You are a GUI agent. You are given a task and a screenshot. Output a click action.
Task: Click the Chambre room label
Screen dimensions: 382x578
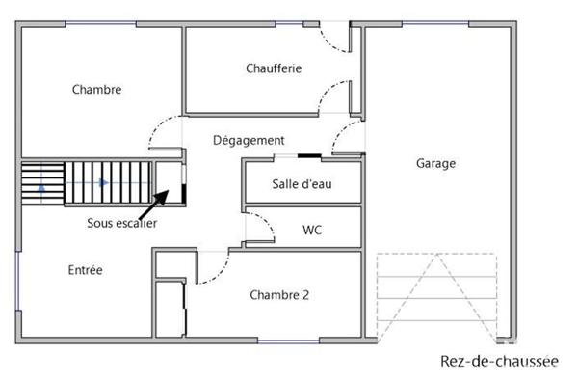click(96, 90)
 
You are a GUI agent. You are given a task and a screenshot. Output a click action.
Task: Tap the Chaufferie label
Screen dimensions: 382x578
click(274, 68)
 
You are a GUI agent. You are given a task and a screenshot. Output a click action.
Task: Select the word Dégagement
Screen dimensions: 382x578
click(249, 141)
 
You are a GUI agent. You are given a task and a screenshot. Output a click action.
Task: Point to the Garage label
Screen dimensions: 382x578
click(435, 164)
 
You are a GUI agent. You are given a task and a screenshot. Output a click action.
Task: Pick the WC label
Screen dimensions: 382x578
click(312, 230)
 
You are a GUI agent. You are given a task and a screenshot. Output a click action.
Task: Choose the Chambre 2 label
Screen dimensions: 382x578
click(279, 295)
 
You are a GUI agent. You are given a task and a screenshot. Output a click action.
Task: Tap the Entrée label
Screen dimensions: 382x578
click(85, 270)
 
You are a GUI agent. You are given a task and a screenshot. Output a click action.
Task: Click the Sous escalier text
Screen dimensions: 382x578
click(122, 223)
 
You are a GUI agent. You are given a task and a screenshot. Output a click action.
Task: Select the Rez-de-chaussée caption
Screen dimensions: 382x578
click(498, 362)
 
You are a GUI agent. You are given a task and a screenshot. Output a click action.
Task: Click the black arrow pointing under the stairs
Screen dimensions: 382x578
click(153, 205)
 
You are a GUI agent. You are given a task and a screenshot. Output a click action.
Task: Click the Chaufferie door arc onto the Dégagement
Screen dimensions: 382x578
click(336, 96)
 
